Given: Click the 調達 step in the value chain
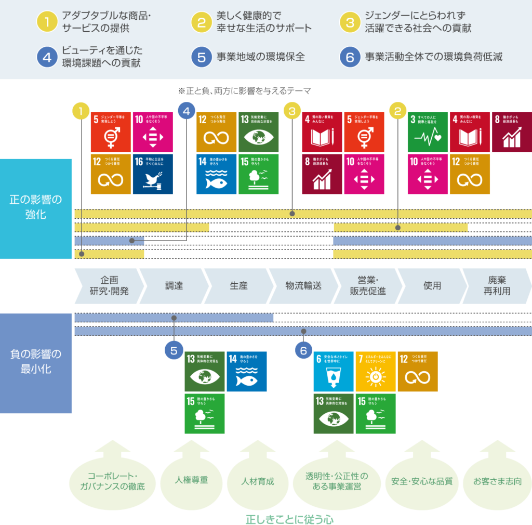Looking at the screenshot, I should coord(174,285).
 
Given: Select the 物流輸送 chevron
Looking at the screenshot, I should coord(303,285).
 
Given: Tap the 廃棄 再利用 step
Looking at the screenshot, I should coord(497,285).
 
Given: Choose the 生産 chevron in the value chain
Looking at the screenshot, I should coord(238,285).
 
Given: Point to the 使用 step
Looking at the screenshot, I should coord(432,285).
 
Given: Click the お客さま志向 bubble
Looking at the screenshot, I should coord(497,481).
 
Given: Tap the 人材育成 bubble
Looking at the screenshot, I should coord(258,481).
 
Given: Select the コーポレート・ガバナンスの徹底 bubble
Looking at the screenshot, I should coord(112,481).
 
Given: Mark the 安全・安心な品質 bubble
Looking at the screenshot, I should coord(422,481).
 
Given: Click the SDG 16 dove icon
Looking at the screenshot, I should coord(153,174).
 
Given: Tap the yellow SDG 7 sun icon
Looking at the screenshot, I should coord(375,372).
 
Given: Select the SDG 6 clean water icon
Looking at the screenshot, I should coord(333,372).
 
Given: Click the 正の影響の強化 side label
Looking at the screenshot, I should coord(35,206).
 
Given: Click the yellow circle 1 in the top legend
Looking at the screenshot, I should coord(47,22).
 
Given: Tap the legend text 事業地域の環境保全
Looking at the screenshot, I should coord(260,57).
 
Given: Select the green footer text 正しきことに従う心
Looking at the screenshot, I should coord(289,519).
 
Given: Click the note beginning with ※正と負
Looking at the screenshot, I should coord(244,91).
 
